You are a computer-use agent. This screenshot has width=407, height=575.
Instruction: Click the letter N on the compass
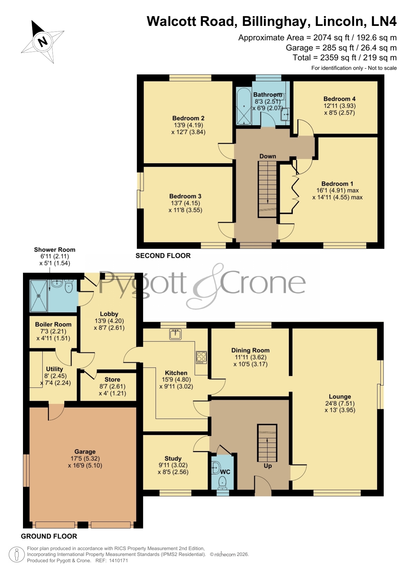pyautogui.click(x=43, y=41)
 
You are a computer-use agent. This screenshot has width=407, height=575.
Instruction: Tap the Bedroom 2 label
pyautogui.click(x=188, y=118)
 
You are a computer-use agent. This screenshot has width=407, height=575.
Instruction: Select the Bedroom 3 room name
pyautogui.click(x=185, y=196)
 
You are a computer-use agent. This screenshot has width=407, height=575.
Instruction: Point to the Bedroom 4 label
pyautogui.click(x=339, y=99)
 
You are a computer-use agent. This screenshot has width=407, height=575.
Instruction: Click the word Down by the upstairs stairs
pyautogui.click(x=268, y=156)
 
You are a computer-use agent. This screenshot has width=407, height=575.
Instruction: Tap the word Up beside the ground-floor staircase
pyautogui.click(x=268, y=466)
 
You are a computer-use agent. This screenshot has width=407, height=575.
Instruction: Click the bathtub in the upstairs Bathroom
pyautogui.click(x=244, y=106)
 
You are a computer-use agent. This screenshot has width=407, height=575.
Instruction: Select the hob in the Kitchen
pyautogui.click(x=201, y=357)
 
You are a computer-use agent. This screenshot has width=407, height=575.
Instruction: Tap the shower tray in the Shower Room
pyautogui.click(x=39, y=296)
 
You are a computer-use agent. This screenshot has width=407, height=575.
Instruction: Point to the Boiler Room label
pyautogui.click(x=53, y=324)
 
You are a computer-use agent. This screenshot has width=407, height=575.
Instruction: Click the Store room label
pyautogui.click(x=112, y=379)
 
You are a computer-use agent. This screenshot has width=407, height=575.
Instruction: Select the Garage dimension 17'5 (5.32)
pyautogui.click(x=85, y=459)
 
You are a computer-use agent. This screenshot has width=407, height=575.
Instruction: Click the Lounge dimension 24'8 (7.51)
pyautogui.click(x=340, y=403)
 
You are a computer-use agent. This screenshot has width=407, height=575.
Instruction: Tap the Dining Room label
pyautogui.click(x=251, y=350)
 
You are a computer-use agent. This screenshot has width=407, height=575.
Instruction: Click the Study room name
pyautogui.click(x=173, y=459)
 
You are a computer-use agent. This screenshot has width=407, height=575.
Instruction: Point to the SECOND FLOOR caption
pyautogui.click(x=163, y=256)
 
